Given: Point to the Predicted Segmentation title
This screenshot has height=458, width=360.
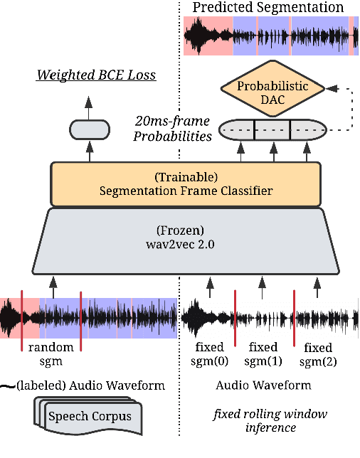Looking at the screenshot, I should [268, 8].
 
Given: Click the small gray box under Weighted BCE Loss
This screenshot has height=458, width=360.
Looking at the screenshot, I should [89, 129].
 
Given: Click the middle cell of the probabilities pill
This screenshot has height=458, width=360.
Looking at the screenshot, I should [272, 130].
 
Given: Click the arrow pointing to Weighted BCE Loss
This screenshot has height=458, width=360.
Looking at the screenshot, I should [89, 105].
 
